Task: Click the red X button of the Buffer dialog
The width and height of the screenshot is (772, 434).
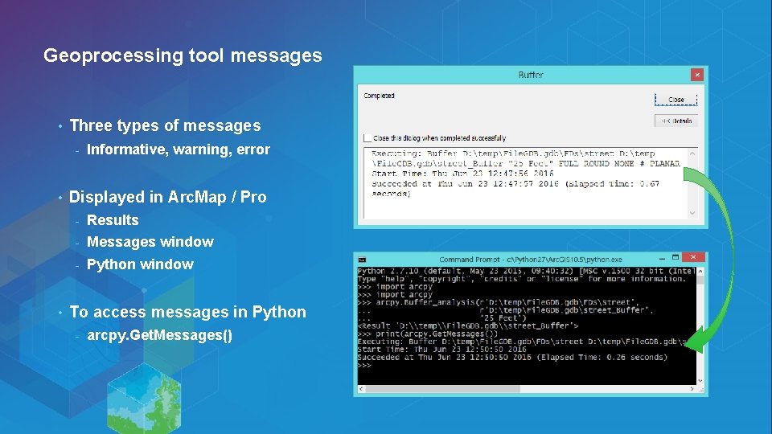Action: (696, 74)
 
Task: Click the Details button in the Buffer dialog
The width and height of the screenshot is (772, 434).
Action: (675, 121)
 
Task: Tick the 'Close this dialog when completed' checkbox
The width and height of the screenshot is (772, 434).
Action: (368, 138)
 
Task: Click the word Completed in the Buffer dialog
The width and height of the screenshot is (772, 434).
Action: (379, 96)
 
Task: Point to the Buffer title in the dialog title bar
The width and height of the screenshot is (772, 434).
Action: (531, 75)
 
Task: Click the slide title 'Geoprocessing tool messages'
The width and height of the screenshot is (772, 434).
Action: (183, 55)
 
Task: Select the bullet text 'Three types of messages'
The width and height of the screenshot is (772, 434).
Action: (165, 125)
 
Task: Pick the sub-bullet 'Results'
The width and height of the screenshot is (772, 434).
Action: (113, 220)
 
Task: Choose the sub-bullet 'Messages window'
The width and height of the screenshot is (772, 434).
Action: (150, 242)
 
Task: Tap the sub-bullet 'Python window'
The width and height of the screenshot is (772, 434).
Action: (140, 264)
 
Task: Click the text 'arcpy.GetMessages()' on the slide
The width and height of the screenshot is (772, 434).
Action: (159, 335)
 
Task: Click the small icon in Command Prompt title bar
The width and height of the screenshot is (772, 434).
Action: (362, 260)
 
